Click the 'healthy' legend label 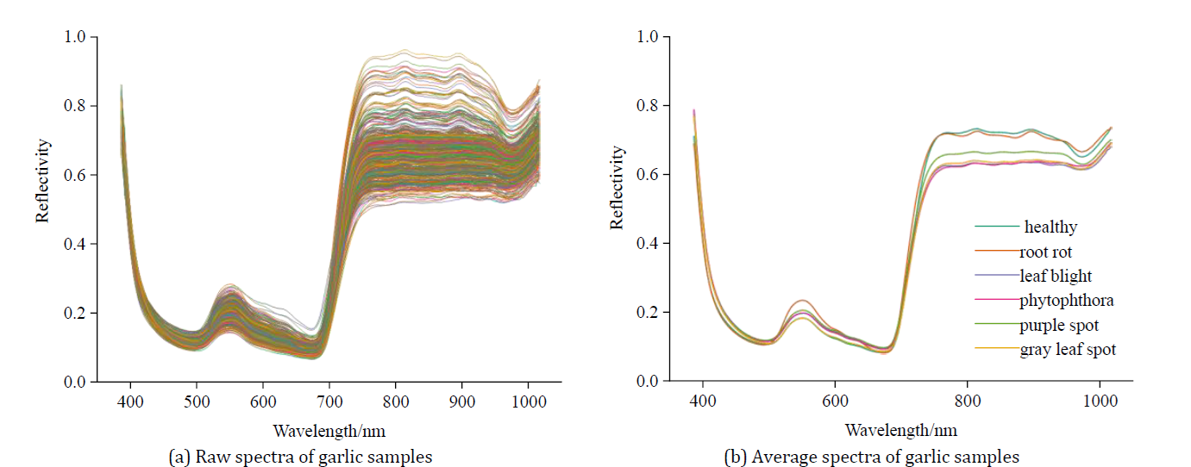tap(1050, 227)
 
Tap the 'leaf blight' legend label tap(1056, 277)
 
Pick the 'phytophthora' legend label tap(1064, 301)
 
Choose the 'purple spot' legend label tap(1059, 326)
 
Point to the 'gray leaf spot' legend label tap(1068, 350)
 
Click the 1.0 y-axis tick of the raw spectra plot tap(75, 37)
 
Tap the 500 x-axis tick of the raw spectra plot tap(197, 402)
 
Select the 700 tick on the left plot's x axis tap(329, 402)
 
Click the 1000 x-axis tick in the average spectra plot tap(1099, 402)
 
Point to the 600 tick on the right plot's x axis tap(835, 402)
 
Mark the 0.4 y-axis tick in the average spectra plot tap(649, 244)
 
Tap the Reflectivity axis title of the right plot tap(617, 188)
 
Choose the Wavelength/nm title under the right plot tap(900, 429)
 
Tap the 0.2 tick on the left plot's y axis tap(75, 313)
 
